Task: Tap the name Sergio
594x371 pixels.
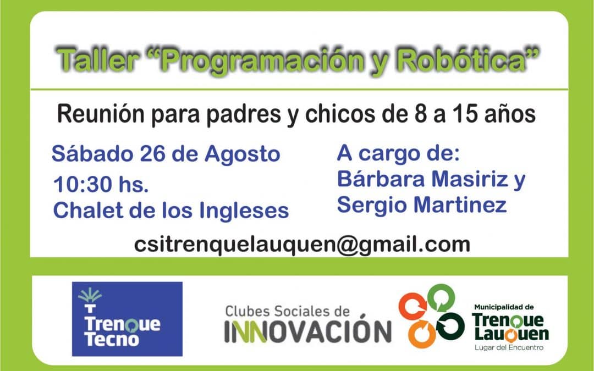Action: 371,205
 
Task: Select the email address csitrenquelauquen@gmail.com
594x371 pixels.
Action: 302,243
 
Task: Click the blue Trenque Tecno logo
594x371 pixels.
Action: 127,319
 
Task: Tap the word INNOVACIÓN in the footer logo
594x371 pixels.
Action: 307,331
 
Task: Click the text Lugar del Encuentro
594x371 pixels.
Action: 509,348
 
